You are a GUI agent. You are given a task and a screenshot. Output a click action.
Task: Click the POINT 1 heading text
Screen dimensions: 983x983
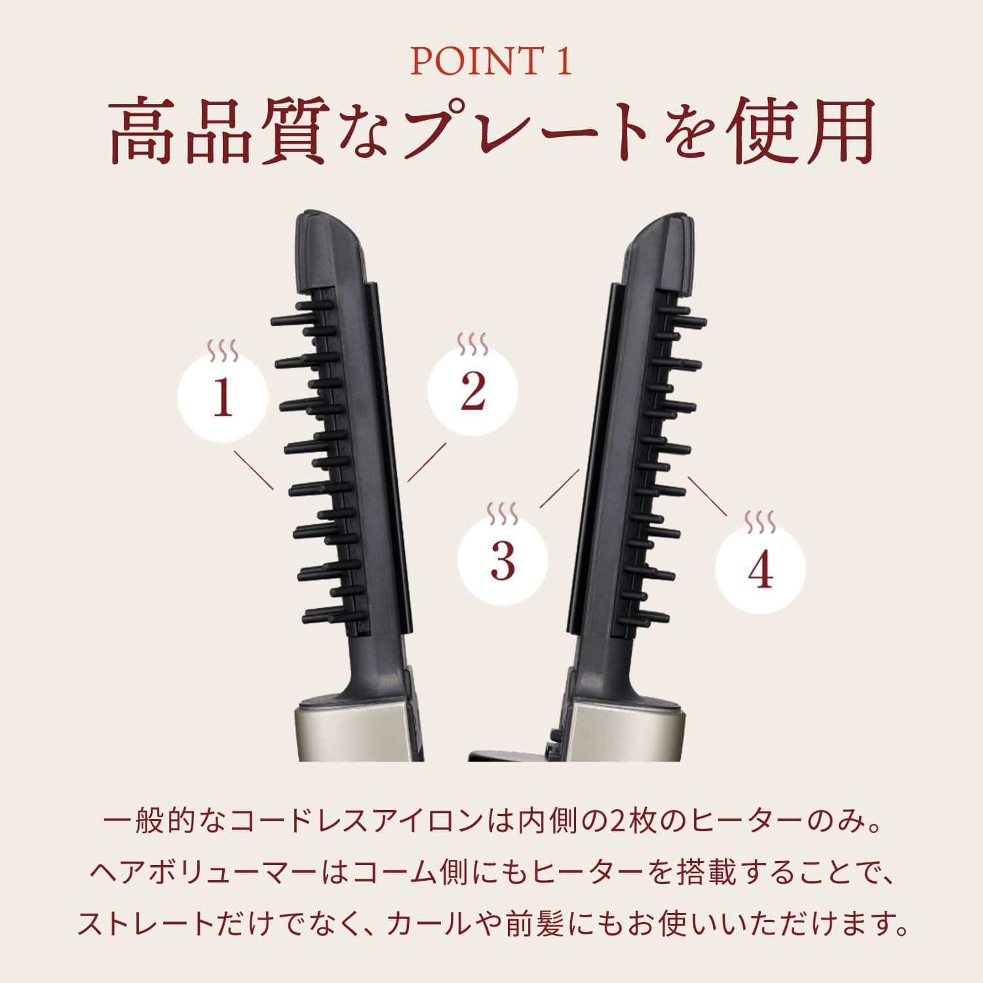pos(491,62)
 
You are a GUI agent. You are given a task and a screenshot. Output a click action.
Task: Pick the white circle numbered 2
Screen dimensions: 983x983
pos(472,391)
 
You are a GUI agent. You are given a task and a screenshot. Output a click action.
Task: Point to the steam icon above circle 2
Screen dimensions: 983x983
pos(472,343)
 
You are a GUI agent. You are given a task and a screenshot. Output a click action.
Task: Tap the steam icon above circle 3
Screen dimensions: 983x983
pos(503,512)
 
